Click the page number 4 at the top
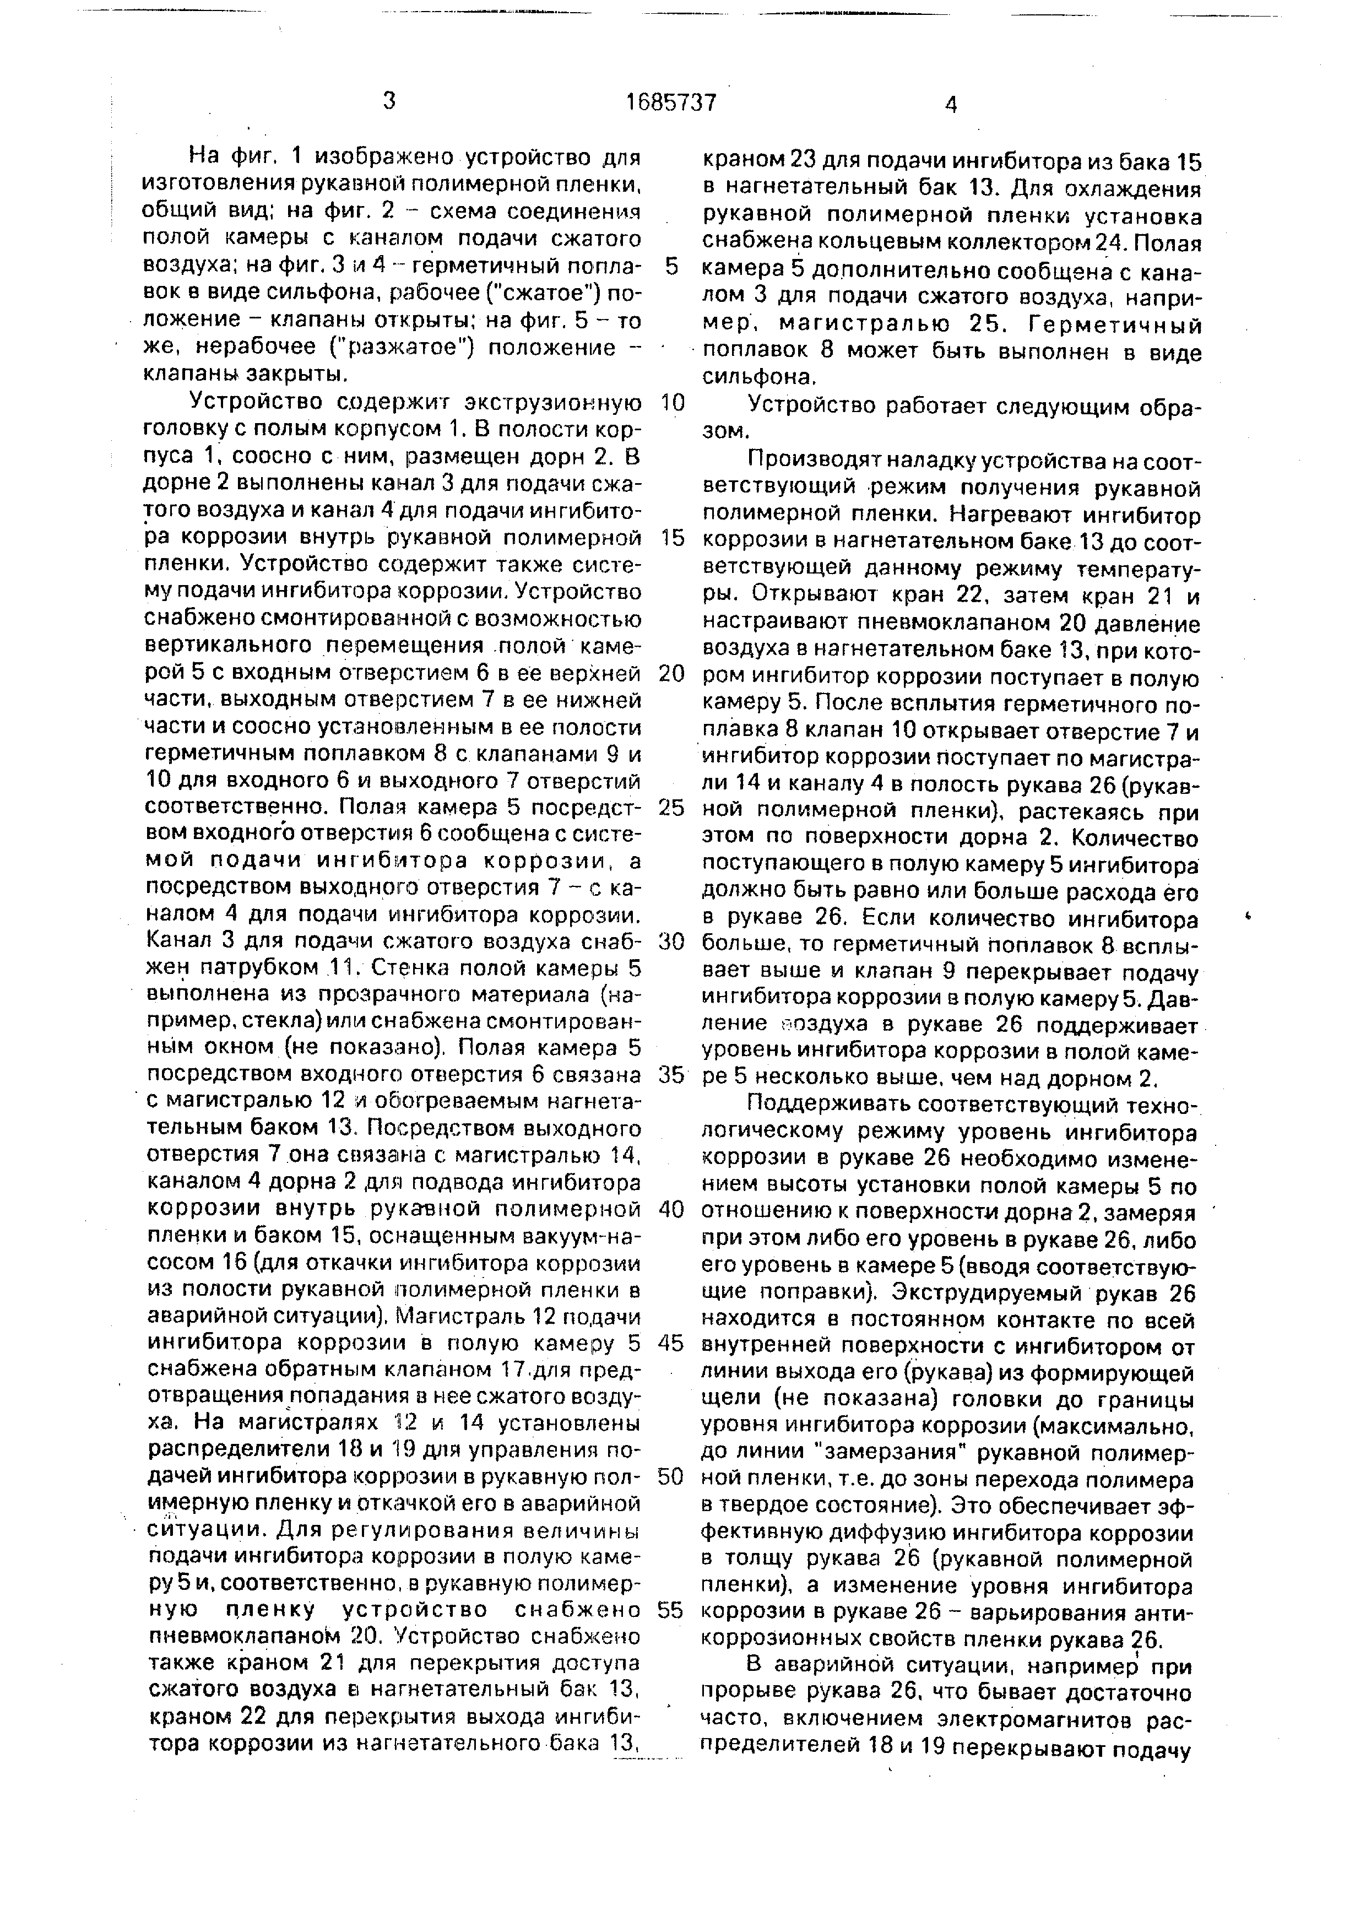click(x=951, y=105)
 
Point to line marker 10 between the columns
click(x=673, y=402)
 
